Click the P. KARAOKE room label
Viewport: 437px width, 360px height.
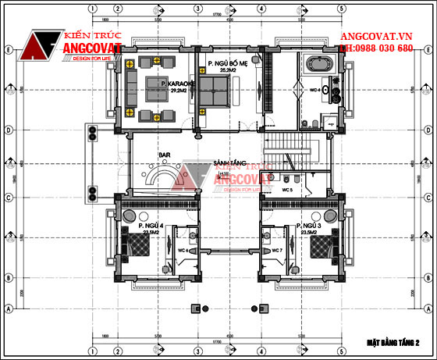(x=173, y=83)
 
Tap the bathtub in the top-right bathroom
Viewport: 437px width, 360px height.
(x=316, y=64)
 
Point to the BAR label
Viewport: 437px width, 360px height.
(x=164, y=155)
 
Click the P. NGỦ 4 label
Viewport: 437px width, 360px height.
(x=151, y=226)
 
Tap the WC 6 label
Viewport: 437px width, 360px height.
(x=182, y=250)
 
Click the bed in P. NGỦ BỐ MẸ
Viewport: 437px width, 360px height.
(x=213, y=89)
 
